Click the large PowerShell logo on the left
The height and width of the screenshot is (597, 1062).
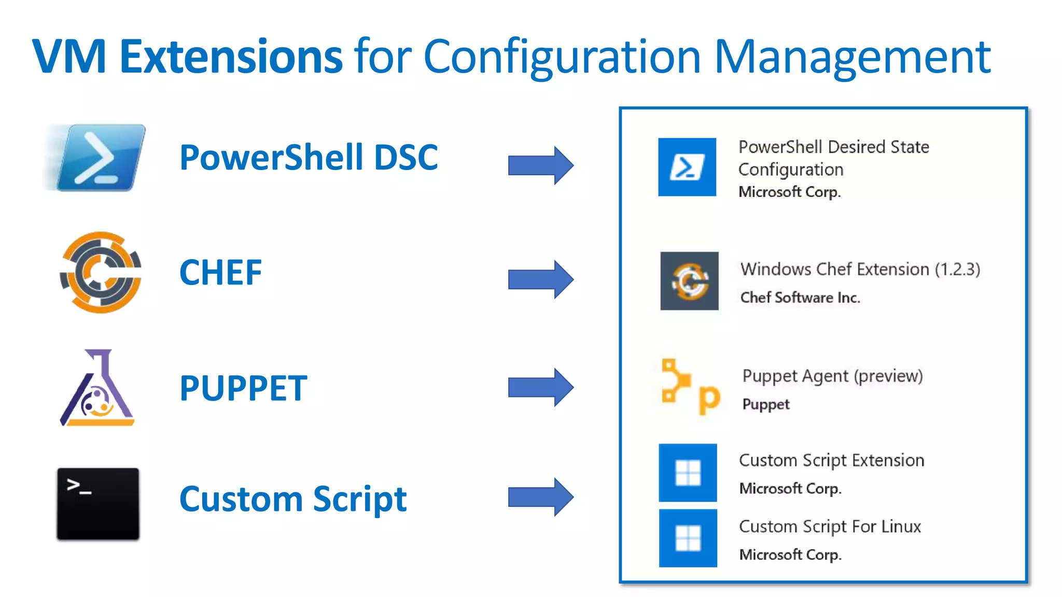click(x=100, y=158)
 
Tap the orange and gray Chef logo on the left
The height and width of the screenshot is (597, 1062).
click(x=101, y=272)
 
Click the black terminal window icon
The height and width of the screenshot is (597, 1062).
click(x=98, y=504)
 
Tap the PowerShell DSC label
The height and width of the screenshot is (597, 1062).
click(x=309, y=158)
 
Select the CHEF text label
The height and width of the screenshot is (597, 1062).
click(x=220, y=273)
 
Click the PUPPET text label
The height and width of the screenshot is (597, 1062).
click(x=243, y=388)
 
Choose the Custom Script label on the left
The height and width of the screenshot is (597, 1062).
click(x=293, y=499)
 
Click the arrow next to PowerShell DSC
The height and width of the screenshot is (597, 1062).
click(x=540, y=165)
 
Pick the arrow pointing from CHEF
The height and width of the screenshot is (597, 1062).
click(x=540, y=279)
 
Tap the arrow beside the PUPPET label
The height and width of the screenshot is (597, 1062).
click(x=540, y=387)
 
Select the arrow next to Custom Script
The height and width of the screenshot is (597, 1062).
click(x=540, y=497)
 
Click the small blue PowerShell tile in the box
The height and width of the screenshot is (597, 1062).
click(x=687, y=167)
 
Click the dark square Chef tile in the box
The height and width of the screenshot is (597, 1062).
click(x=689, y=281)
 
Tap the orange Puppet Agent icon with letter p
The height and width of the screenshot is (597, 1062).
click(x=690, y=387)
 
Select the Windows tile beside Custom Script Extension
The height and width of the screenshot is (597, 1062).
click(x=688, y=473)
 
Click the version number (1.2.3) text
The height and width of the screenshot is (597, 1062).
click(x=957, y=269)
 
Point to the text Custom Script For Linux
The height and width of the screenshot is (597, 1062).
click(x=830, y=527)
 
